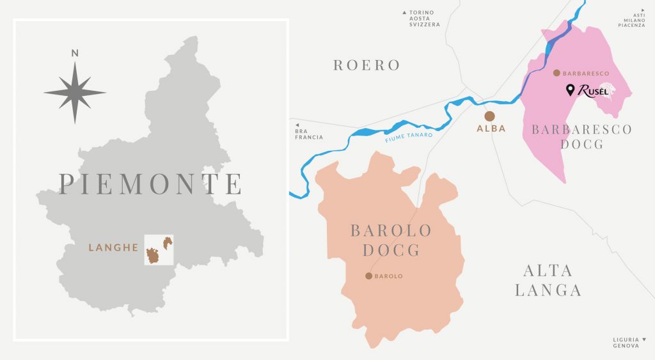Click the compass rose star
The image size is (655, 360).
tap(75, 92)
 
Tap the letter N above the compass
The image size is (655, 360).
tap(75, 53)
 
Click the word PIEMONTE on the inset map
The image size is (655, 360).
tap(151, 184)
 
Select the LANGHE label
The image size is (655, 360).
tap(113, 247)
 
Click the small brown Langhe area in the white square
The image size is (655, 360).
tap(154, 254)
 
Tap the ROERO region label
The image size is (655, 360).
tap(367, 65)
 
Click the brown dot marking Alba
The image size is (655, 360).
tap(490, 116)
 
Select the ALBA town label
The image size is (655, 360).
tap(491, 129)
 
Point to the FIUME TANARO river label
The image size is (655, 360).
tap(409, 136)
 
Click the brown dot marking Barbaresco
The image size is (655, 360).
tap(556, 73)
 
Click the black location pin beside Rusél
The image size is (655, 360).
tap(570, 91)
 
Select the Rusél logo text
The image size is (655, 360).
tap(592, 91)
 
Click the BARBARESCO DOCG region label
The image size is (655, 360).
tap(581, 137)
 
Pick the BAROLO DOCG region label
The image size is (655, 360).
tap(391, 240)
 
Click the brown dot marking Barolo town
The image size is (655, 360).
tap(368, 276)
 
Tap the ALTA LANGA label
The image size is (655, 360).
tap(548, 280)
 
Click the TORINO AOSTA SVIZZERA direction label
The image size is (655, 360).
tap(425, 19)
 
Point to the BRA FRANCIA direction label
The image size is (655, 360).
tap(308, 134)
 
